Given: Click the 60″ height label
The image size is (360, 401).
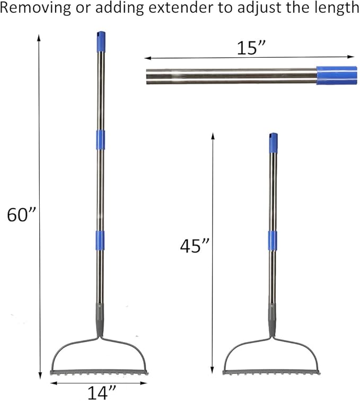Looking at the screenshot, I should coord(21,215).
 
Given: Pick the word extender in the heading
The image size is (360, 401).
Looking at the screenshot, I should coord(166,8).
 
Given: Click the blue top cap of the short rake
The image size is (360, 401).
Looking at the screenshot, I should coord(273,142).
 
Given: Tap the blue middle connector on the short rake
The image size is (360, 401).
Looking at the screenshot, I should coord(273,240).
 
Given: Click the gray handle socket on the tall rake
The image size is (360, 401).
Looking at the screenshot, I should coord(99,318).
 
